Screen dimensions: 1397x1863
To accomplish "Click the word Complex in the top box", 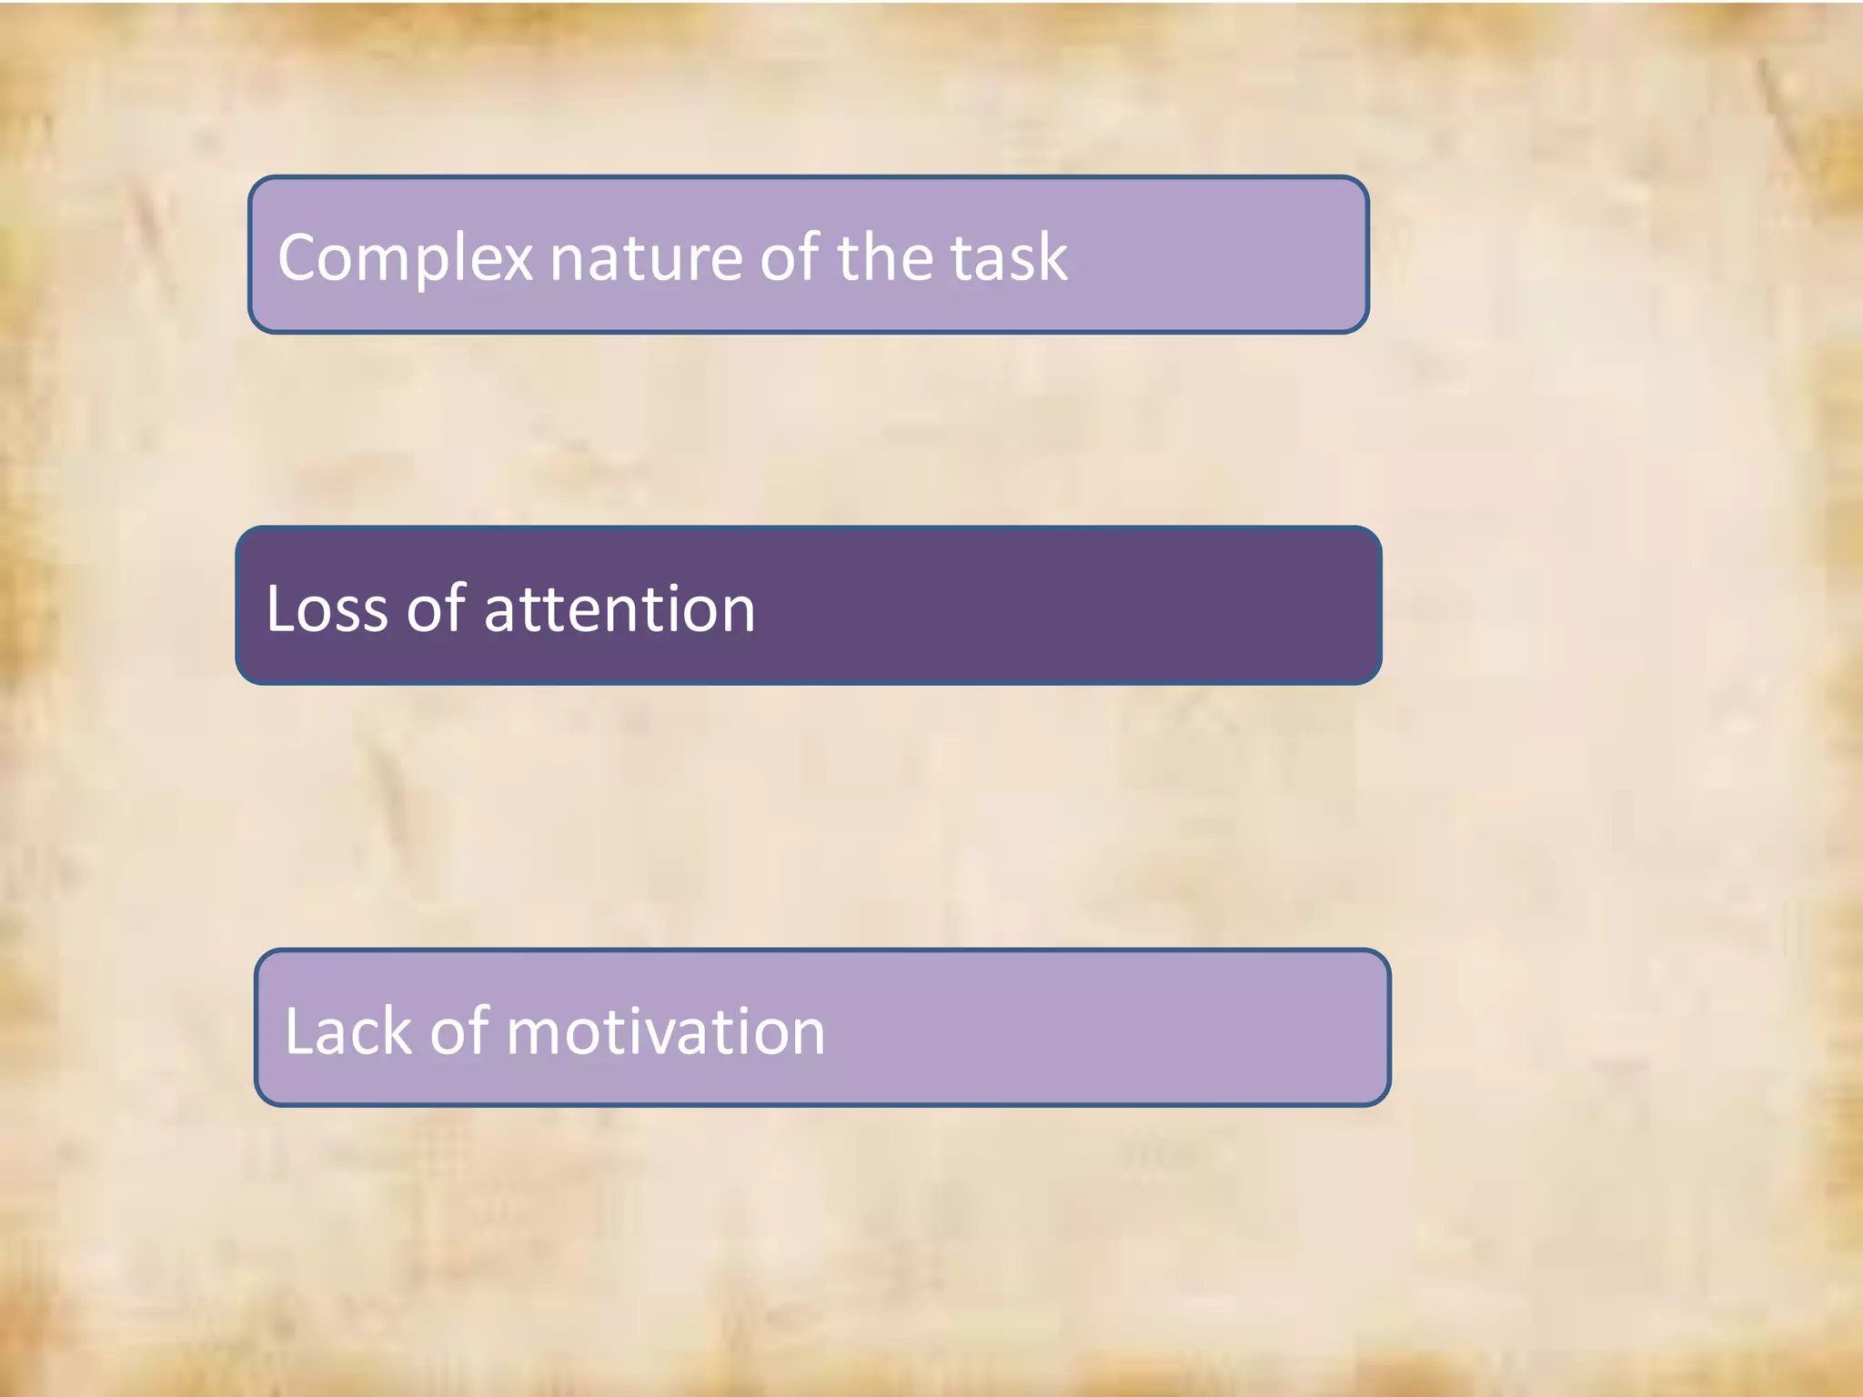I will pyautogui.click(x=405, y=258).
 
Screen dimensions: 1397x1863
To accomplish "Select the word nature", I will pyautogui.click(x=646, y=258).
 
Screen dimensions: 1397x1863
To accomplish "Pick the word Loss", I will pyautogui.click(x=327, y=608).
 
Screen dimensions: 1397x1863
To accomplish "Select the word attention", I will pyautogui.click(x=619, y=608).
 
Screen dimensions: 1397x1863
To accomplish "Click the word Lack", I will pyautogui.click(x=347, y=1031).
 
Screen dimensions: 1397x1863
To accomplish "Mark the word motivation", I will pyautogui.click(x=665, y=1031).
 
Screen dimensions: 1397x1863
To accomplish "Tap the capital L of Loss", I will pyautogui.click(x=278, y=608).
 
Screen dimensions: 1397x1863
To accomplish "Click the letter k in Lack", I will pyautogui.click(x=397, y=1031).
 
